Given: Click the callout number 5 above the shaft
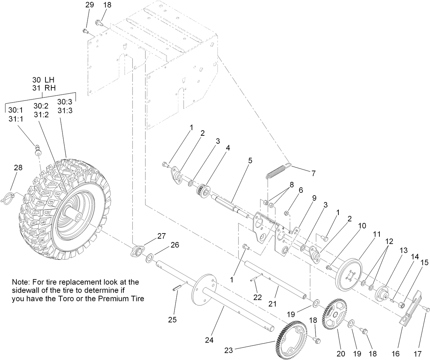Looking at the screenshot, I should [250, 160].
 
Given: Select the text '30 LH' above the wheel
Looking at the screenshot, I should [43, 79].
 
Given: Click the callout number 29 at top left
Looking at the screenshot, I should [89, 5].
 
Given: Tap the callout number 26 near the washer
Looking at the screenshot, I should [175, 245].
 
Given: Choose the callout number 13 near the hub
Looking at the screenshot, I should [403, 250].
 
